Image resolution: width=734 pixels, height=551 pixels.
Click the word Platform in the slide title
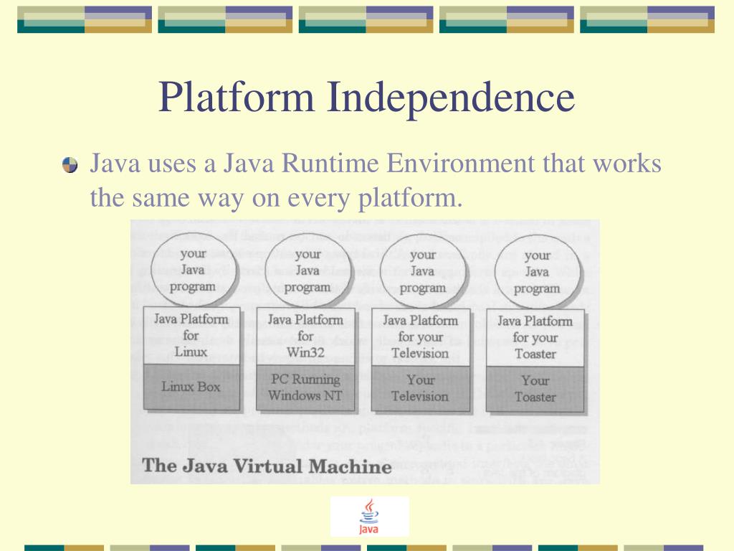(237, 98)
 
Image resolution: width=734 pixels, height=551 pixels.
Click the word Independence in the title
(451, 98)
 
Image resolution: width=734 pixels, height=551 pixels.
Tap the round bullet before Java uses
(70, 166)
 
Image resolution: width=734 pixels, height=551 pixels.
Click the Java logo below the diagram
(369, 517)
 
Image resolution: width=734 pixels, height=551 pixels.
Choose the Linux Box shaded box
(191, 387)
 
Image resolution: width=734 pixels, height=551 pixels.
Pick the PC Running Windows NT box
(305, 387)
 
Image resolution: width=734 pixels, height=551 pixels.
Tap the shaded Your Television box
(420, 388)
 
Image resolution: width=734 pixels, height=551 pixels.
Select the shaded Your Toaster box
(535, 389)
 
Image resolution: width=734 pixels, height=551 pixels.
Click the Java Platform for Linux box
(191, 335)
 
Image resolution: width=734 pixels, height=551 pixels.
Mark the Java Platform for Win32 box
(305, 336)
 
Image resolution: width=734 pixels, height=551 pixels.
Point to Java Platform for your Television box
(420, 336)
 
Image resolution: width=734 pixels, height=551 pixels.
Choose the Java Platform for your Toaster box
(535, 337)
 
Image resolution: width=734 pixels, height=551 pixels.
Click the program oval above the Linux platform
(192, 270)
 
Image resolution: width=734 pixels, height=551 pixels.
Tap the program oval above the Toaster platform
(537, 272)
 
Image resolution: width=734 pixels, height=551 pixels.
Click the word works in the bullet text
(626, 164)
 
